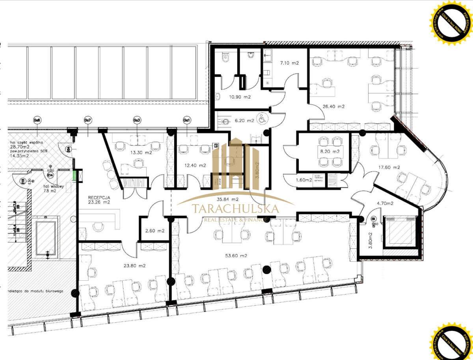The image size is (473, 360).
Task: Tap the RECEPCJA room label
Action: tap(99, 199)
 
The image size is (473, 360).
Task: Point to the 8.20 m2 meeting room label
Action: tap(330, 151)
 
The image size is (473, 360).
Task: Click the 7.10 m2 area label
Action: tap(290, 63)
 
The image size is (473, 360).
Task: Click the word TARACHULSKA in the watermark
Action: tap(235, 209)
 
